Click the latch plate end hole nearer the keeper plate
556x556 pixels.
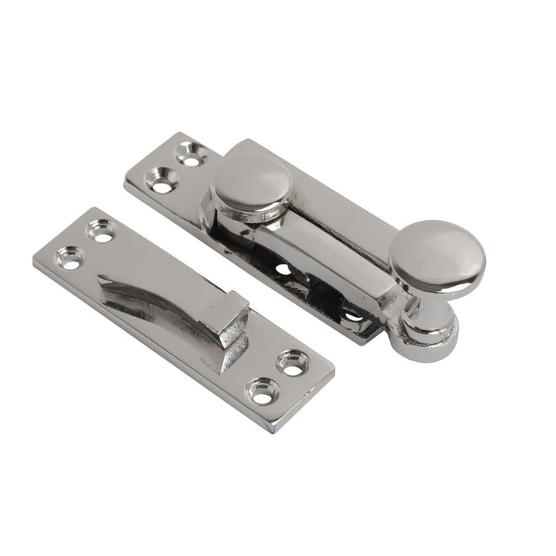pyautogui.click(x=162, y=185)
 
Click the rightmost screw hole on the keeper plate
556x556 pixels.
pyautogui.click(x=293, y=364)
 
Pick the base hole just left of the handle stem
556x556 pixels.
pyautogui.click(x=353, y=316)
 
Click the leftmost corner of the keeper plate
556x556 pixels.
pyautogui.click(x=34, y=261)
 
